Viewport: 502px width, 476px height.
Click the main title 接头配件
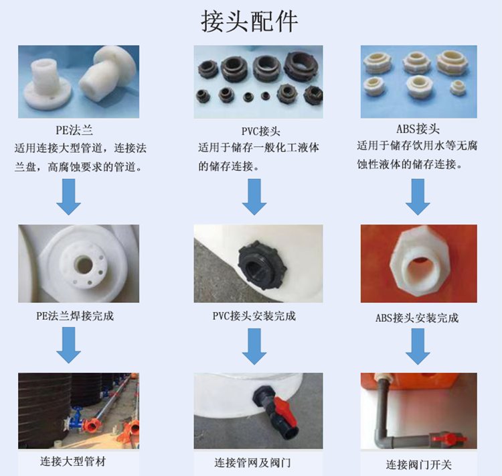pyautogui.click(x=250, y=21)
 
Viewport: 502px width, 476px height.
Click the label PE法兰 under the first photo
pyautogui.click(x=74, y=130)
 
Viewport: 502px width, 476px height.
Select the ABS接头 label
pyautogui.click(x=418, y=129)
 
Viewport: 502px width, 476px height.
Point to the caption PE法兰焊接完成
pyautogui.click(x=75, y=316)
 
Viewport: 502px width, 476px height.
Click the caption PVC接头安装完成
pyautogui.click(x=254, y=316)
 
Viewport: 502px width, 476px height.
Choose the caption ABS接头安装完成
pyautogui.click(x=417, y=318)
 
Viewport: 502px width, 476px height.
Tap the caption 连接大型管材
pyautogui.click(x=73, y=461)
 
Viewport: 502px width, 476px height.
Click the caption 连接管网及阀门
pyautogui.click(x=252, y=463)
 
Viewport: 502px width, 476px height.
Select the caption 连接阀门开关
pyautogui.click(x=418, y=465)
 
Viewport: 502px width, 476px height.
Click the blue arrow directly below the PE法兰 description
pyautogui.click(x=68, y=196)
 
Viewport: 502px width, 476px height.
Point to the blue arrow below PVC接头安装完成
pyautogui.click(x=254, y=347)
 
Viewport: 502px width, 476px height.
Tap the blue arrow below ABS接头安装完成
pyautogui.click(x=418, y=347)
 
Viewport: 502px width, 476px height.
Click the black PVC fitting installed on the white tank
pyautogui.click(x=262, y=264)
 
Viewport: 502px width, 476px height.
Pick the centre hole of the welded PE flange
pyautogui.click(x=84, y=264)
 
